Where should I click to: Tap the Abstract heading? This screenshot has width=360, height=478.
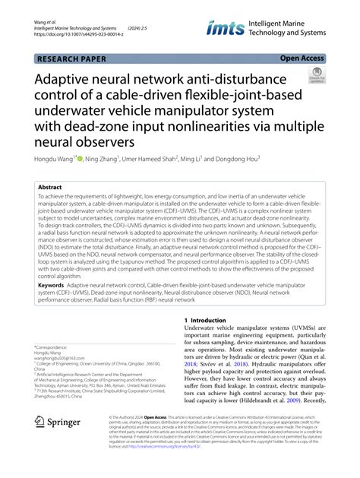click(50, 186)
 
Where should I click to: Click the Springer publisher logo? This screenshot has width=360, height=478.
click(59, 442)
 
